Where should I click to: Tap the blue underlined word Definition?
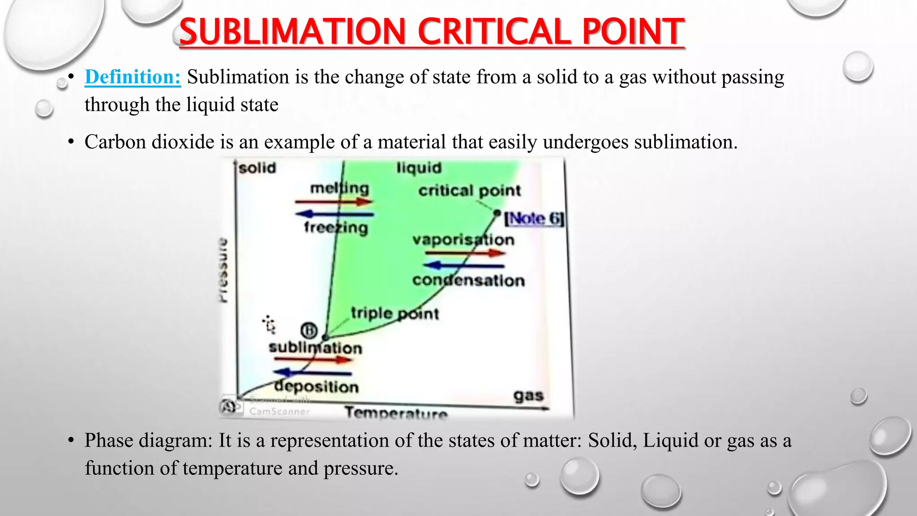pos(133,77)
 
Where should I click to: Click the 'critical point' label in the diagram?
pos(469,191)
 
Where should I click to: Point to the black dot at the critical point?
pos(497,213)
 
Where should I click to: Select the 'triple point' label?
pos(394,313)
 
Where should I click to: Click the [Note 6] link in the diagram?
pos(534,219)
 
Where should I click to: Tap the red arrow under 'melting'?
pos(334,202)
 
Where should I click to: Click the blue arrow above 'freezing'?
pos(334,214)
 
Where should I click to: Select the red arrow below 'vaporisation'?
pos(465,253)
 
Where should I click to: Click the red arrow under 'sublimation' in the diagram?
pos(313,359)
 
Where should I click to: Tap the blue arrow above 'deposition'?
pos(312,372)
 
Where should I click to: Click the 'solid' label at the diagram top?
pos(257,168)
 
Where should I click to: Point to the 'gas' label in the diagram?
pos(528,396)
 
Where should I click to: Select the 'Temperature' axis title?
pos(396,413)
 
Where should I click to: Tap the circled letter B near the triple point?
pos(309,331)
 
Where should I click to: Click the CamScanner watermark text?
pos(279,411)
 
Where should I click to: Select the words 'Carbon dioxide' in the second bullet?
pos(150,142)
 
